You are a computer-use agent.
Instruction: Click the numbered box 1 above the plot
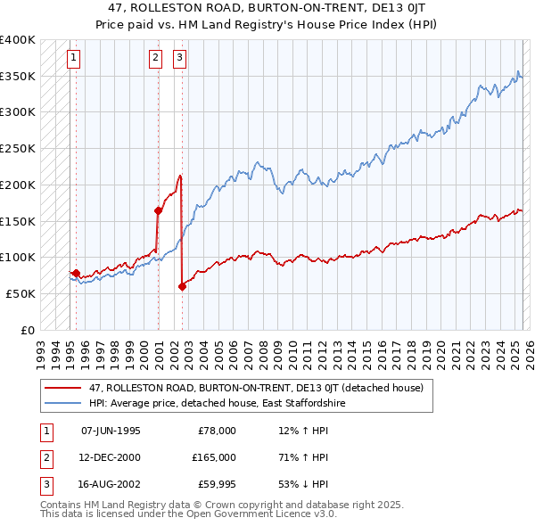coord(72,59)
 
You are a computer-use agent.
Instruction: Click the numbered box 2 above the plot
coord(155,59)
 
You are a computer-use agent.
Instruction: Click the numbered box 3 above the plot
coord(179,59)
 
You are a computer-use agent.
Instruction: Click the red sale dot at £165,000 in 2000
coord(158,210)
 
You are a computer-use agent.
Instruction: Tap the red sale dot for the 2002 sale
coord(182,286)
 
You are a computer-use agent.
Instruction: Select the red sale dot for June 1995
coord(76,273)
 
